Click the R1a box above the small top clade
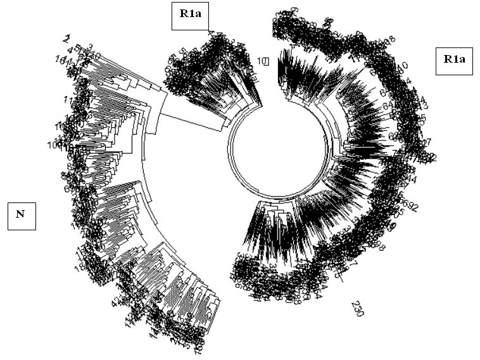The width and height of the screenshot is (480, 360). pos(190,15)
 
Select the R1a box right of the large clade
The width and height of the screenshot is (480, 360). pos(453,61)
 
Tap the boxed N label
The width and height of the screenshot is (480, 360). pos(21,214)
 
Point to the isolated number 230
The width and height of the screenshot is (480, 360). pos(358,308)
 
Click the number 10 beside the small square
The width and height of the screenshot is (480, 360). pos(261,61)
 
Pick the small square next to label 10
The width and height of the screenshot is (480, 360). pos(267,61)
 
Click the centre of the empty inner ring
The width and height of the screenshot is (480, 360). pos(279,149)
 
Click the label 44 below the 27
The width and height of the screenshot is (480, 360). pos(412,180)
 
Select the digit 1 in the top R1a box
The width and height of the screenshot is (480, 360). pos(191,15)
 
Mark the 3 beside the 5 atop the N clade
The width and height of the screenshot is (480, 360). pos(91,47)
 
